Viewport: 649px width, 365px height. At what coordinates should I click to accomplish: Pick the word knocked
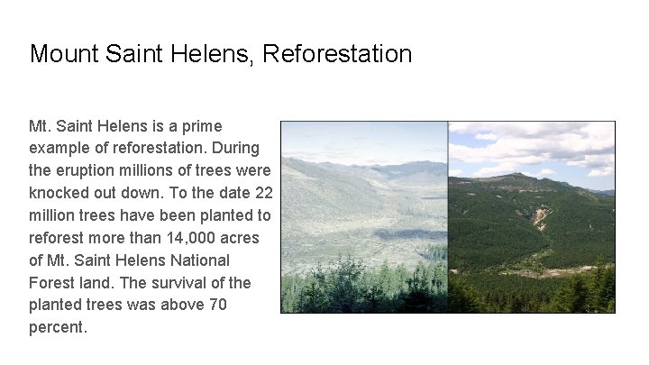tap(60, 193)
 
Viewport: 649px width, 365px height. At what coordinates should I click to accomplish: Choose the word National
tap(202, 260)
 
